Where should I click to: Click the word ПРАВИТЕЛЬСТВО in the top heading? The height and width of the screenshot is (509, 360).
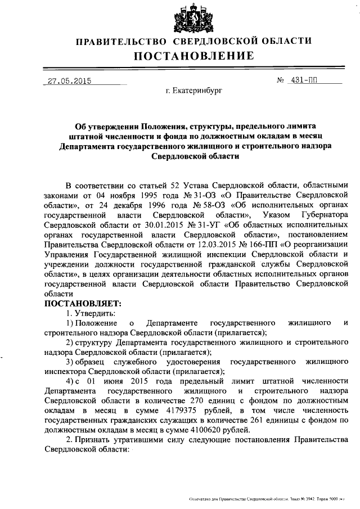[x=121, y=41]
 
